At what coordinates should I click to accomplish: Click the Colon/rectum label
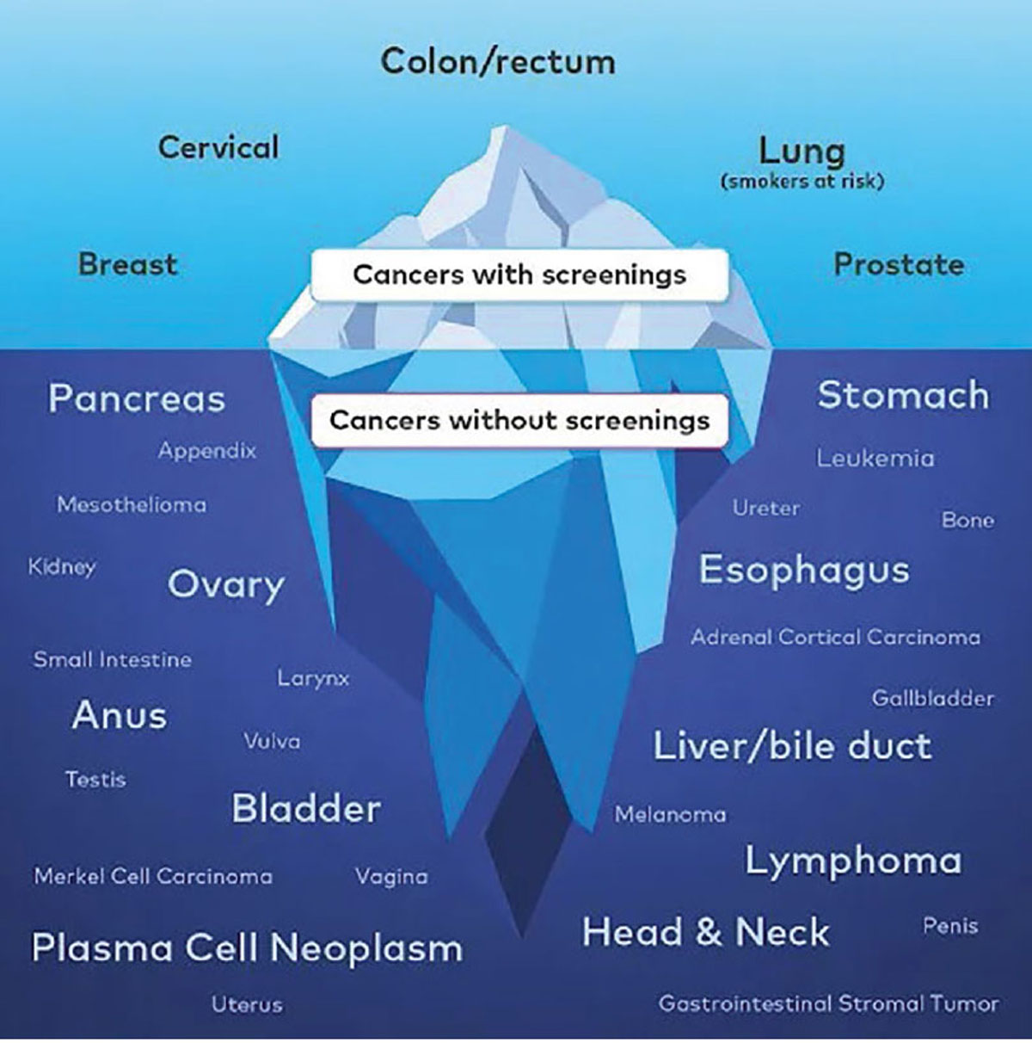click(x=498, y=61)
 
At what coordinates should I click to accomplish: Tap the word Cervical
click(x=218, y=147)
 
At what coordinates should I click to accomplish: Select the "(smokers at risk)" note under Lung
click(x=802, y=182)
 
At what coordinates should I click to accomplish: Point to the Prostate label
click(x=899, y=265)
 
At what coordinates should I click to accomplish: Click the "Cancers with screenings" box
click(x=519, y=275)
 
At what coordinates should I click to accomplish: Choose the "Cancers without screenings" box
click(x=519, y=421)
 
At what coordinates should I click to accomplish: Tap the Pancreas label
click(x=137, y=399)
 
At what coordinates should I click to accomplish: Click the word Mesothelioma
click(x=132, y=505)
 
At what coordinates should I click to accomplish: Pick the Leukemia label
click(x=875, y=459)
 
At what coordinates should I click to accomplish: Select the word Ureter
click(x=765, y=509)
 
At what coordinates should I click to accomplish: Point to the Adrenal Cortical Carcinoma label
click(x=836, y=637)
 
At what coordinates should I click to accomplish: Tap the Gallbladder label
click(x=932, y=699)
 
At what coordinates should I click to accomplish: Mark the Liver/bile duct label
click(x=793, y=745)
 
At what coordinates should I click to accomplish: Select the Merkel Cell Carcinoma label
click(x=153, y=876)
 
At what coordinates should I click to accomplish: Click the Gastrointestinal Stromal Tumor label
click(x=828, y=1004)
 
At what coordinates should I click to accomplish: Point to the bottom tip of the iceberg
click(x=522, y=938)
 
